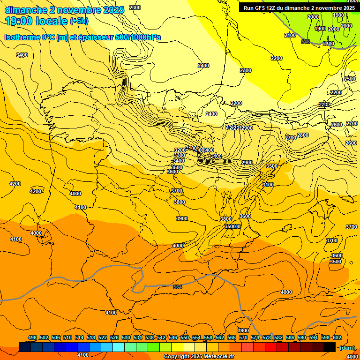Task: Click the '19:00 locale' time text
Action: click(36, 21)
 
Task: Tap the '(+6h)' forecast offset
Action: click(79, 21)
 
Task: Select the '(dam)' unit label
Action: click(347, 347)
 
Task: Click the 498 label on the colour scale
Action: click(32, 337)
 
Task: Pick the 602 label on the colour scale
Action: click(337, 337)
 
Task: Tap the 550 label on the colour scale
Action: click(185, 337)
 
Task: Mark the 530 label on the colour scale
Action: click(126, 337)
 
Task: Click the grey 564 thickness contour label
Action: click(178, 287)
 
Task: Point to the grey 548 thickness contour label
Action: click(306, 42)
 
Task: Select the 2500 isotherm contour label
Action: click(350, 79)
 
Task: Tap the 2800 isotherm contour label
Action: click(303, 135)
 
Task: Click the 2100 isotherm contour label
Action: click(290, 35)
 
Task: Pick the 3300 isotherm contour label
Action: click(179, 155)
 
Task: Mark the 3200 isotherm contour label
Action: click(180, 150)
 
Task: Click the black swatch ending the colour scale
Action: click(329, 347)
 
